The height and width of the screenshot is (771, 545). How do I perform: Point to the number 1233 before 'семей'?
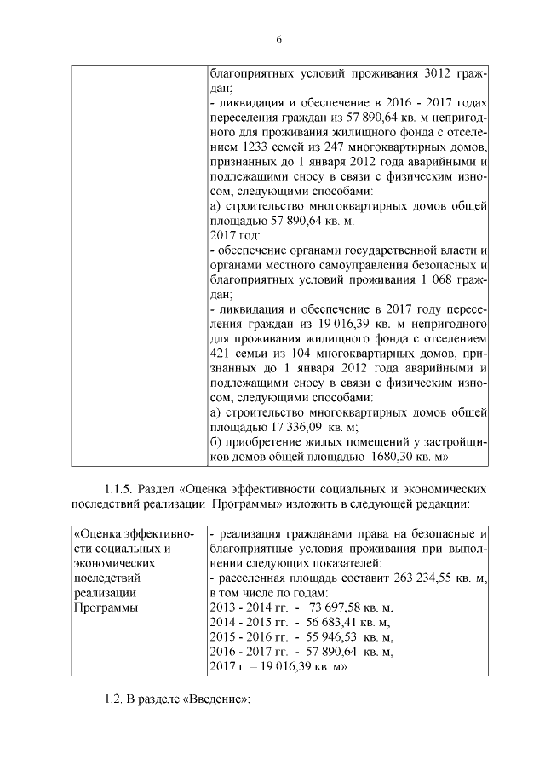tap(245, 146)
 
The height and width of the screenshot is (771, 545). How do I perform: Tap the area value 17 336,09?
tap(297, 428)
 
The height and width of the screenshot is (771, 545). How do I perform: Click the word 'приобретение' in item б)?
tap(262, 442)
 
